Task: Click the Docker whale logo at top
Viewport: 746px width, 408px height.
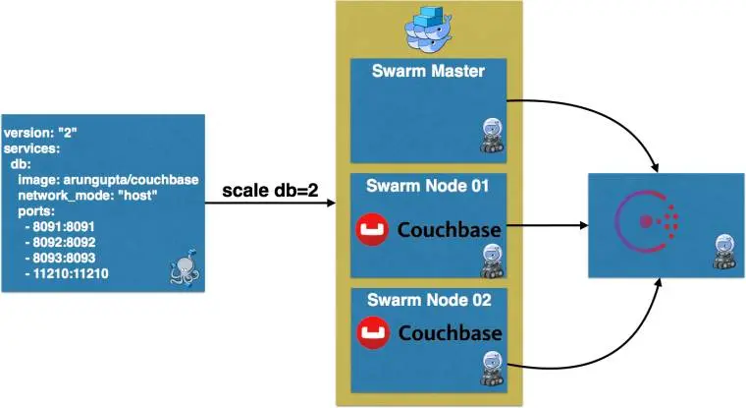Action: tap(432, 29)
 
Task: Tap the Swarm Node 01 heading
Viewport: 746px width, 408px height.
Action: tap(432, 185)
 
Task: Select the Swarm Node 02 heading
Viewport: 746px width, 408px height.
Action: tap(432, 299)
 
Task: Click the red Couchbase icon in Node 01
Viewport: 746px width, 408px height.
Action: tap(372, 230)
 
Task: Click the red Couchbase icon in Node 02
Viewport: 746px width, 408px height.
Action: tap(372, 331)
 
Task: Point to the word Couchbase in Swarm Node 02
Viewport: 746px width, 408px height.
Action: tap(450, 331)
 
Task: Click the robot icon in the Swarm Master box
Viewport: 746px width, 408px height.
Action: tap(490, 135)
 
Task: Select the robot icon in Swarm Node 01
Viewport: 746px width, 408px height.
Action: tap(490, 260)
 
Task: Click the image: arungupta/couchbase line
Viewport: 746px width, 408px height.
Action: tap(108, 180)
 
